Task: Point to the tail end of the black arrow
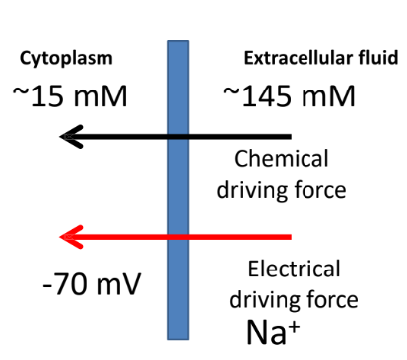[x=290, y=136]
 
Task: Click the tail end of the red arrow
[x=290, y=237]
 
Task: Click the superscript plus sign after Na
[x=298, y=319]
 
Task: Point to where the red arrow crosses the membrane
[x=178, y=237]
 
